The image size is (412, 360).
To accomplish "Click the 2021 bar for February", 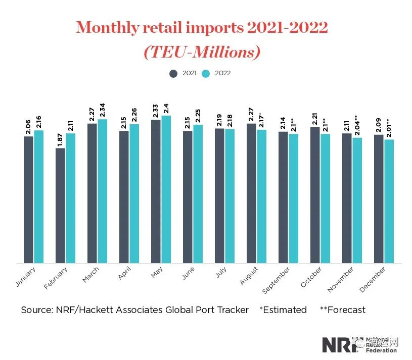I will [x=60, y=205].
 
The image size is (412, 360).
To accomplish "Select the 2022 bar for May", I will [x=166, y=189].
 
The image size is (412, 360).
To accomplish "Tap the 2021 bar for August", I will [x=251, y=193].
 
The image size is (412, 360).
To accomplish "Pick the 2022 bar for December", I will [x=389, y=201].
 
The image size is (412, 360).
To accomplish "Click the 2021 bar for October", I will [x=315, y=195].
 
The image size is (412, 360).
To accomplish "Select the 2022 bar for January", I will [x=39, y=196].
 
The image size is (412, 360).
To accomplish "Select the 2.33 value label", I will [x=156, y=110].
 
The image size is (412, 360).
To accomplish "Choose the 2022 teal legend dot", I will [x=206, y=73].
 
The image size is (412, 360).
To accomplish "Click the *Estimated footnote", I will [x=283, y=310].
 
